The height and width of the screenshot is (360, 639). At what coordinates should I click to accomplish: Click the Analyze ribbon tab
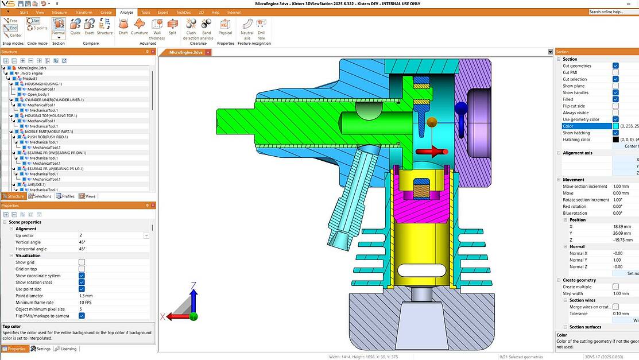tap(126, 12)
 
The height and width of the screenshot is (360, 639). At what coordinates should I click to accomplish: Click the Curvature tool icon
tap(140, 25)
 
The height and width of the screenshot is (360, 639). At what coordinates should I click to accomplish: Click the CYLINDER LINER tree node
tap(54, 100)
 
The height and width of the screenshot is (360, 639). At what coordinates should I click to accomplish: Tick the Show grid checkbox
tap(82, 262)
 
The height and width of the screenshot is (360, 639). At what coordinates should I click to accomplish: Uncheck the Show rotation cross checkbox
tap(82, 282)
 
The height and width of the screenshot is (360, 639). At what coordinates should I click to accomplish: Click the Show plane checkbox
tap(615, 86)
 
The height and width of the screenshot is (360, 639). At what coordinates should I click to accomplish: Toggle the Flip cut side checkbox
tap(615, 106)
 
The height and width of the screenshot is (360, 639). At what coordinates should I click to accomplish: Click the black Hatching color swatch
tap(615, 140)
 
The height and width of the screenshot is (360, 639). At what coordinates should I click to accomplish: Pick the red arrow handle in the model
tap(431, 152)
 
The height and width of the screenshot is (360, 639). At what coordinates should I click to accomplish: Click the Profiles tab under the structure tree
tap(65, 196)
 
